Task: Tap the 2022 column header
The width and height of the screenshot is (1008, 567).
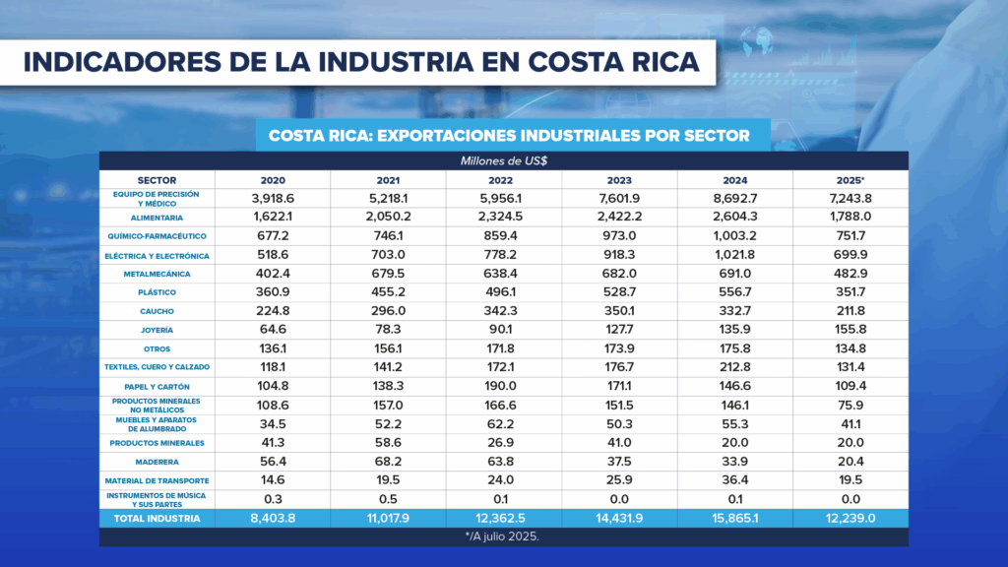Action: click(504, 181)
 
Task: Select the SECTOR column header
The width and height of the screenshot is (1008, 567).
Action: click(157, 181)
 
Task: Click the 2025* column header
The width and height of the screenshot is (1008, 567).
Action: click(850, 181)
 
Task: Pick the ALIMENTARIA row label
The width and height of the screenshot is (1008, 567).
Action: click(157, 217)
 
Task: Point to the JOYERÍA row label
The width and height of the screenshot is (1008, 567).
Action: click(157, 330)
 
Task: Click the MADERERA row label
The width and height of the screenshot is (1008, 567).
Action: click(157, 461)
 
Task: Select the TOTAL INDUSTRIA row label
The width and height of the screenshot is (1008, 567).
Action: click(157, 518)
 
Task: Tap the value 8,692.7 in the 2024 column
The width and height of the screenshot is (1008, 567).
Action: click(734, 199)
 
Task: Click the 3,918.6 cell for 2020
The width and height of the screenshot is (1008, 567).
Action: click(274, 199)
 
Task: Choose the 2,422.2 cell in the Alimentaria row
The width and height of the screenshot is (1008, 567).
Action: click(619, 217)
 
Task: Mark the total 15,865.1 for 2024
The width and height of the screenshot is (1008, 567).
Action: click(734, 518)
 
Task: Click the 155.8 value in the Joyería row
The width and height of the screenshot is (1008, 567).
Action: click(850, 330)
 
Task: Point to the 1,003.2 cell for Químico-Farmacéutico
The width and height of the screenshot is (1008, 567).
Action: click(734, 236)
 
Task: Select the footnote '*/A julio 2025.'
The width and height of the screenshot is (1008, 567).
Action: click(503, 537)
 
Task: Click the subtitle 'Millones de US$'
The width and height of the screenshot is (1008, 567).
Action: click(503, 160)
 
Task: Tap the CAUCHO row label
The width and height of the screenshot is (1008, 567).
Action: click(157, 311)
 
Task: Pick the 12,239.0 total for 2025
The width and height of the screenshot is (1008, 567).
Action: click(850, 518)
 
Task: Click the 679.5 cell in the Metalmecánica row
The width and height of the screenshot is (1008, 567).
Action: click(389, 274)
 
